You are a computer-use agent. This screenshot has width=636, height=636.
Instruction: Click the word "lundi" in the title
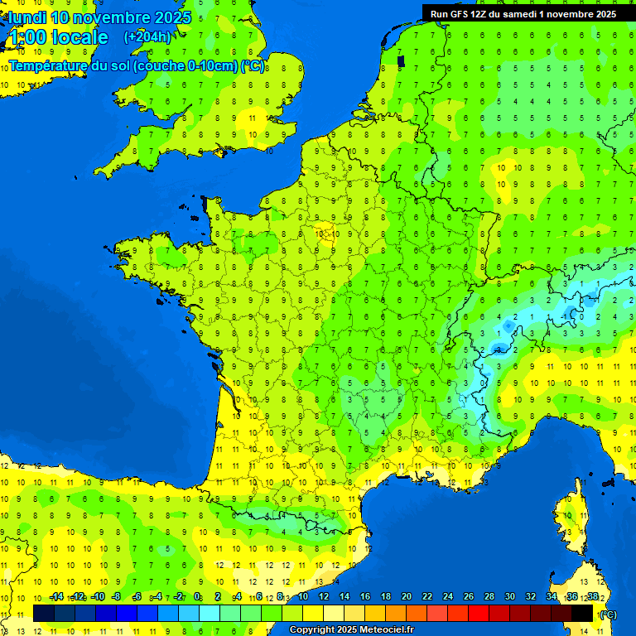coord(27,17)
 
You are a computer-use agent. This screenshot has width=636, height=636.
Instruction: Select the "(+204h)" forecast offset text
coord(147,36)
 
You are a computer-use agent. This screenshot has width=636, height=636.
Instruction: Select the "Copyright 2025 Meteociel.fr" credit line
coord(350,629)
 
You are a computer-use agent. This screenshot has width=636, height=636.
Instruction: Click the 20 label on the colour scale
coord(407,597)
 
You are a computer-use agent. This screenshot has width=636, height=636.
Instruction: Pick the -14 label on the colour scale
coord(56,597)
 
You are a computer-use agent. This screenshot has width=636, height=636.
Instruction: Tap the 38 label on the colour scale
coord(593,597)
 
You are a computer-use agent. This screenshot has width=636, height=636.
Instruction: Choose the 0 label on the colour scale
coord(197,597)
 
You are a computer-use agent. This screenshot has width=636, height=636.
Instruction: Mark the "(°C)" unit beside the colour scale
coord(608,614)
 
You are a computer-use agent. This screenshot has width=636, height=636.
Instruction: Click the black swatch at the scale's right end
coord(582,613)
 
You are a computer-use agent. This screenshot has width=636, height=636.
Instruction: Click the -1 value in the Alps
coord(566,316)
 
